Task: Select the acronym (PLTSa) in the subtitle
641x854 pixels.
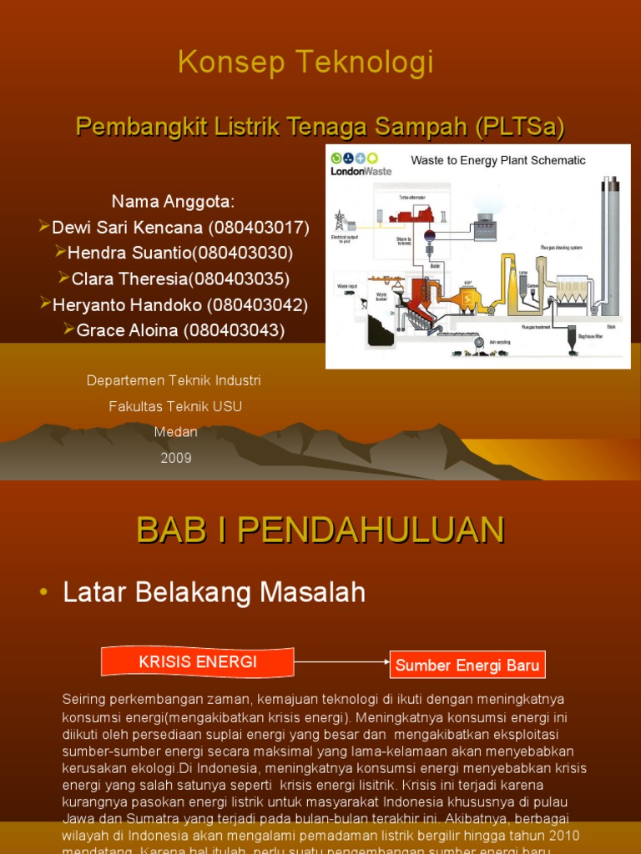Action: point(520,127)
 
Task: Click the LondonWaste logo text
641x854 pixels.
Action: point(361,171)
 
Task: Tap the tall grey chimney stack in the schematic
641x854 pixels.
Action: point(610,242)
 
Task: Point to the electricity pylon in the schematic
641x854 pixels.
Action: point(341,221)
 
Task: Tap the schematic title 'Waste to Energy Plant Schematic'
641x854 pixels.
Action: point(498,160)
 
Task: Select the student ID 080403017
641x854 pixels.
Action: point(259,228)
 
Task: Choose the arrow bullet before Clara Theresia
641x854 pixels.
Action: point(64,278)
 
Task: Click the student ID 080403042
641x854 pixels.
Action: point(257,304)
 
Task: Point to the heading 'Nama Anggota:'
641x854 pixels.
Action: point(174,202)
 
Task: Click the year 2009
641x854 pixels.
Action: point(176,458)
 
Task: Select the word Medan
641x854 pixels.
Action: point(176,432)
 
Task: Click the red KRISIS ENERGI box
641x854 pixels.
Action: point(198,662)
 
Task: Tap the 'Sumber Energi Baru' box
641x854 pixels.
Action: point(467,666)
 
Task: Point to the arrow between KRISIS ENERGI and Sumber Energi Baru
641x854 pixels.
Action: point(342,663)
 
